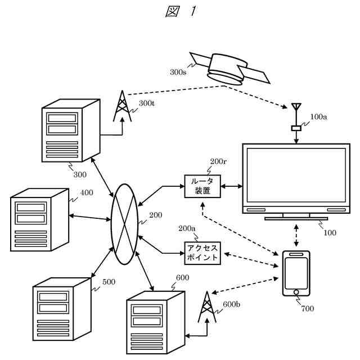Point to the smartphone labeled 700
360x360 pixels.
[x=296, y=273]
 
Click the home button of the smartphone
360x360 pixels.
[x=296, y=292]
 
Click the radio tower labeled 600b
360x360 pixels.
[x=207, y=308]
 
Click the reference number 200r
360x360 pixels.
[x=218, y=162]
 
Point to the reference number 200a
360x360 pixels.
[x=187, y=228]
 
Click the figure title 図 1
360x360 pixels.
[x=180, y=12]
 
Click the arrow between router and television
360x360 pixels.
[x=231, y=185]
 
